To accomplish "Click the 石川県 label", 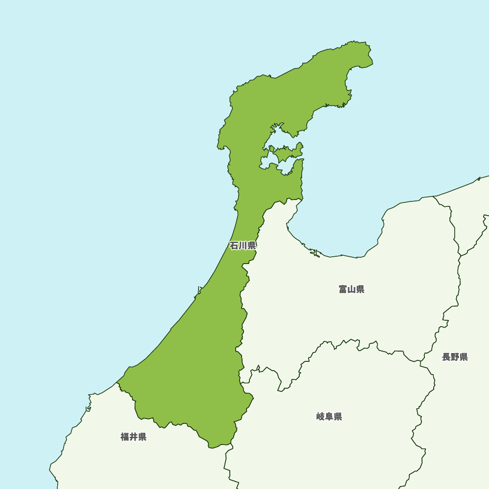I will [243, 245].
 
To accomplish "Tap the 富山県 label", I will [352, 289].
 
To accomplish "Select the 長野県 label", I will [455, 357].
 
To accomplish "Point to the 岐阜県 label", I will [329, 417].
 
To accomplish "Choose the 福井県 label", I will [133, 437].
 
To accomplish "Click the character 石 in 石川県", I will [234, 245].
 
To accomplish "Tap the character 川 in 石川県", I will [243, 245].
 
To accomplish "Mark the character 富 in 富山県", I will [343, 289].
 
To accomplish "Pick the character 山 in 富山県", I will [352, 289].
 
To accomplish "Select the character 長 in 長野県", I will [446, 357].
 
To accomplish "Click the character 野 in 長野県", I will [455, 357].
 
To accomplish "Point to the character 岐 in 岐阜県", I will [320, 417].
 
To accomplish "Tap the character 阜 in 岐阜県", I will [329, 417].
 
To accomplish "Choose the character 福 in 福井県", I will [125, 437].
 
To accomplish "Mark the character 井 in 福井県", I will [133, 437].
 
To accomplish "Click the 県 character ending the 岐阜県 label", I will [338, 417].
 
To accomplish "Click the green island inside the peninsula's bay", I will [286, 152].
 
